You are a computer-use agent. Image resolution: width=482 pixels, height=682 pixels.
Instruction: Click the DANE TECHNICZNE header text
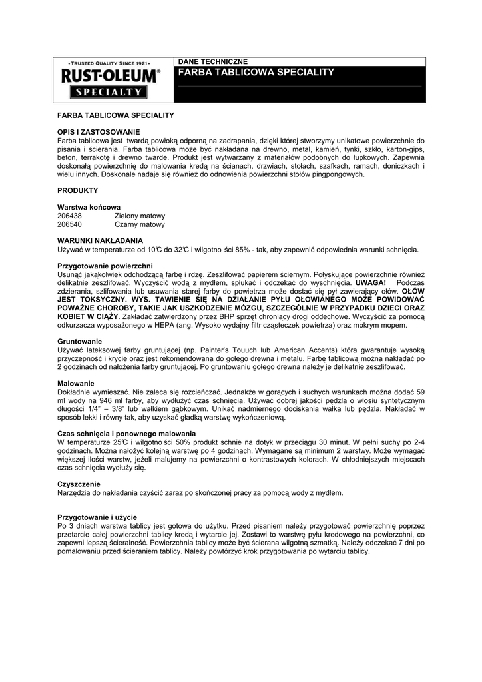coord(212,61)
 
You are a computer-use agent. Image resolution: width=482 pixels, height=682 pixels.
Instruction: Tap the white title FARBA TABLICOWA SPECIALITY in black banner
coord(256,72)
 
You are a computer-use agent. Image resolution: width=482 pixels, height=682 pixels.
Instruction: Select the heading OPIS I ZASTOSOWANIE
coord(99,133)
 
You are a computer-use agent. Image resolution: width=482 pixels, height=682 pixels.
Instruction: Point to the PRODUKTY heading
coord(78,190)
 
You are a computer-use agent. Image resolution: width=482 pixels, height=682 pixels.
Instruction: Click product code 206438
coord(70,216)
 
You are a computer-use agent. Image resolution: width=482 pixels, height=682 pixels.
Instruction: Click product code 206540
coord(70,225)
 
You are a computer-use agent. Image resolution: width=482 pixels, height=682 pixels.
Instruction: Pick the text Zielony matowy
coord(140,216)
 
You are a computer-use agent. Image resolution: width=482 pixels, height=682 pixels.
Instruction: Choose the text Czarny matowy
coord(139,225)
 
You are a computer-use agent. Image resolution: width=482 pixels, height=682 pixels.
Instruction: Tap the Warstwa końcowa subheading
coord(89,208)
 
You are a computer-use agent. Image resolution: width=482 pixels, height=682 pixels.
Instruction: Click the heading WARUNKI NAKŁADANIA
coord(100,240)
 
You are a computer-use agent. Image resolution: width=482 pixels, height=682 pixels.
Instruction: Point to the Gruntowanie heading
coord(80,341)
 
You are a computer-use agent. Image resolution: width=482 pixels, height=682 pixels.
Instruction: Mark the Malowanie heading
coord(76,384)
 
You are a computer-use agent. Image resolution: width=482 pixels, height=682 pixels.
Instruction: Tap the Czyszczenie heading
coord(79,484)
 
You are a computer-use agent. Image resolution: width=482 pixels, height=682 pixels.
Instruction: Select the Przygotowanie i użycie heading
coord(97,517)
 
